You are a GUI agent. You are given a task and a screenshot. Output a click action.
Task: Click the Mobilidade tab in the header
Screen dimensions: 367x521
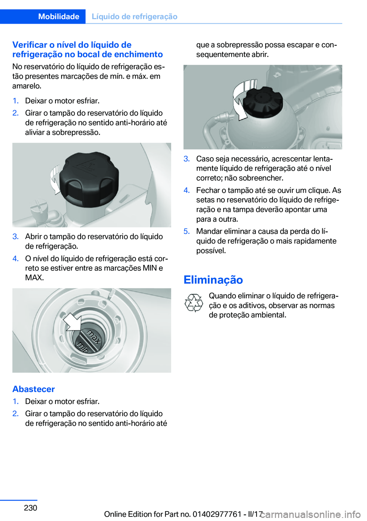tap(58, 16)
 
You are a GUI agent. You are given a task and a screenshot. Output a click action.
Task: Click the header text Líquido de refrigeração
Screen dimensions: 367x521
tap(135, 16)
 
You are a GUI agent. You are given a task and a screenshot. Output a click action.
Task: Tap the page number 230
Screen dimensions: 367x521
tap(30, 507)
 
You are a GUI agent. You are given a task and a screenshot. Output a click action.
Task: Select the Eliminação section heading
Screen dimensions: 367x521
tap(213, 280)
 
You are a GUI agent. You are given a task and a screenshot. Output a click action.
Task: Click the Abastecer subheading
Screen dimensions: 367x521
tap(34, 389)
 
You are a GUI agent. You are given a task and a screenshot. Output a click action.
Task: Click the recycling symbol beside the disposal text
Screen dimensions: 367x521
tap(193, 303)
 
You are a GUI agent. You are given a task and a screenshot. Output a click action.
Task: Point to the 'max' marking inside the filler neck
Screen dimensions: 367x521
tap(94, 337)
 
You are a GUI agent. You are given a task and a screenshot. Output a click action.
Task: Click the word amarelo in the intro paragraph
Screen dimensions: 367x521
tap(27, 86)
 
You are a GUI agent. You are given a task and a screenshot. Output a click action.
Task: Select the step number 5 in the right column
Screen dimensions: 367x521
tap(187, 231)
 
